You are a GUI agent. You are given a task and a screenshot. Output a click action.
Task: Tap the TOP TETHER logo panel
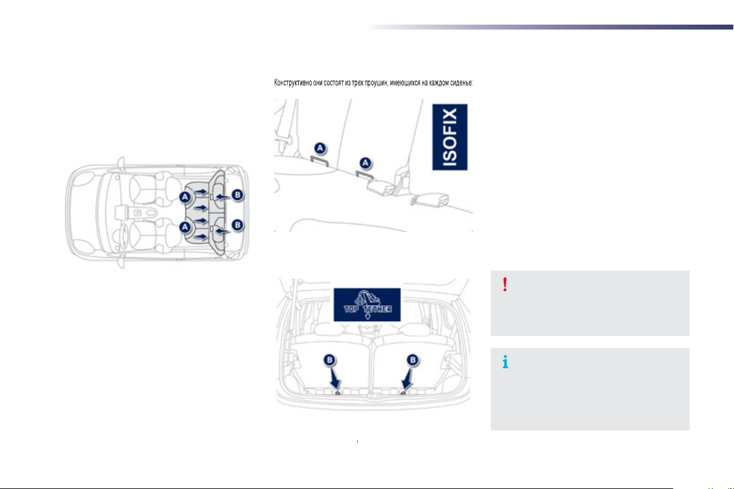click(367, 304)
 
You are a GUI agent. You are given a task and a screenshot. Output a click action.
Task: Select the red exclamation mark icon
click(505, 284)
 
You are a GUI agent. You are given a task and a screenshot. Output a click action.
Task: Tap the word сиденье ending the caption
click(458, 83)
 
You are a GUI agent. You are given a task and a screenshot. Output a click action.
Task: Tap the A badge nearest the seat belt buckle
click(366, 162)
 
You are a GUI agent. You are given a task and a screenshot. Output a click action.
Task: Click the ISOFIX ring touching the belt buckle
click(367, 175)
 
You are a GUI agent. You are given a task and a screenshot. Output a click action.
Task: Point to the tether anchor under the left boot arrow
click(338, 392)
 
